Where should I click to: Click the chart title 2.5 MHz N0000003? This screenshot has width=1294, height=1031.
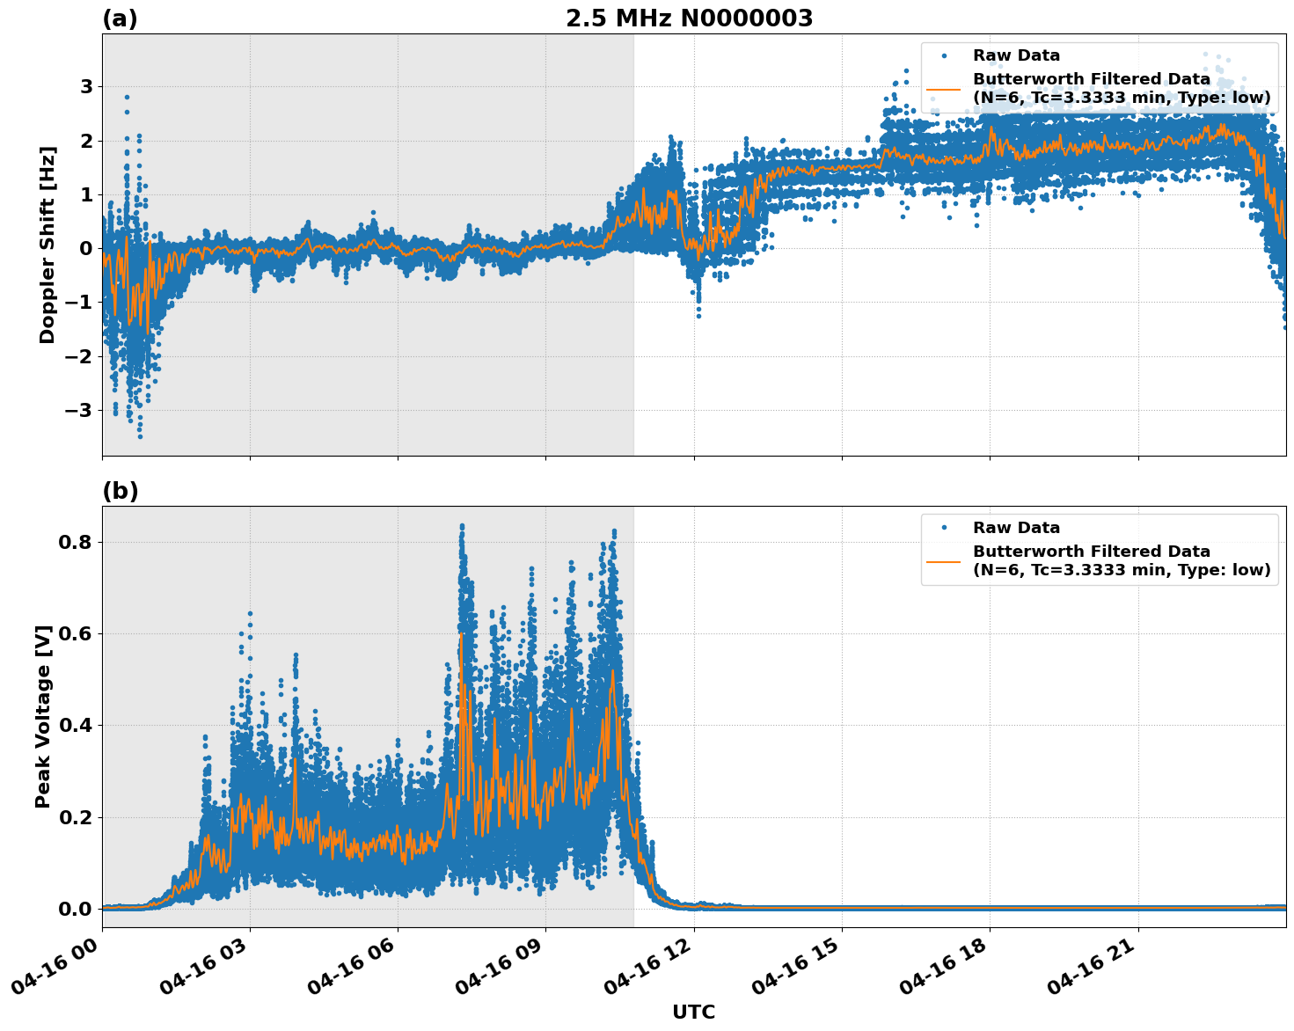click(689, 18)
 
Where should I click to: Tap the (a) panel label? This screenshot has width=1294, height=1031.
click(120, 18)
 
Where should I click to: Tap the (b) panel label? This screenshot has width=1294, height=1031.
click(120, 491)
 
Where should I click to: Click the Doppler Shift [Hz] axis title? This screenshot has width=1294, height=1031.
click(48, 245)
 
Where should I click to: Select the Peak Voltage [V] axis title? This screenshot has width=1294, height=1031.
click(43, 716)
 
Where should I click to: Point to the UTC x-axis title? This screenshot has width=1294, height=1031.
click(693, 1012)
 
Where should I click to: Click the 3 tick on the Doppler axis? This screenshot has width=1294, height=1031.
click(86, 86)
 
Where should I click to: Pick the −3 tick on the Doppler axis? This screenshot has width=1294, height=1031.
click(79, 410)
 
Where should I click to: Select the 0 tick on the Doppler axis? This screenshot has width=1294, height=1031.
click(86, 248)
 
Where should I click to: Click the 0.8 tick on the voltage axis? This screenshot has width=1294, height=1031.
click(76, 542)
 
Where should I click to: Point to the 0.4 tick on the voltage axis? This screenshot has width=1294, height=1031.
click(76, 726)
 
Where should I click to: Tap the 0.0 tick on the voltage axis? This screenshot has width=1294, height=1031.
click(76, 909)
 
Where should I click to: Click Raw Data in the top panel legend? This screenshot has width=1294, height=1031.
click(1016, 55)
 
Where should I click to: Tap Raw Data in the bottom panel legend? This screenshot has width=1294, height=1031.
click(1016, 528)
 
